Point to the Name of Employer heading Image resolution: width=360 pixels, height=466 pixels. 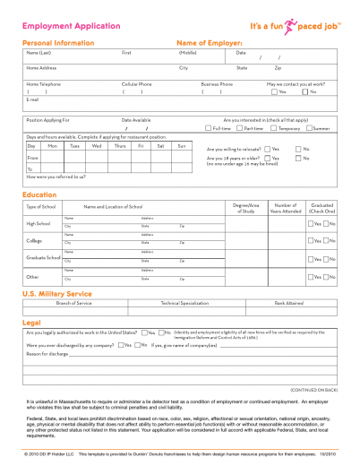210,42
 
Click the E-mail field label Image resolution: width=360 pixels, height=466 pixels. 33,99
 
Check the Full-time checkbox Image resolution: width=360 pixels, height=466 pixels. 208,128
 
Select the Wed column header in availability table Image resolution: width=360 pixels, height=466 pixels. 97,145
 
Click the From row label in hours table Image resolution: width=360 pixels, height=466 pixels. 33,157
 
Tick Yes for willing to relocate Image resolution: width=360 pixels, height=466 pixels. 272,148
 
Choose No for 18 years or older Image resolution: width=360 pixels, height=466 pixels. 299,159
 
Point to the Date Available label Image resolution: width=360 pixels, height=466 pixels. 136,119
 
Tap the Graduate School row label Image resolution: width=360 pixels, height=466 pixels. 41,257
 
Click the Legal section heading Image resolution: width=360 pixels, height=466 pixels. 30,322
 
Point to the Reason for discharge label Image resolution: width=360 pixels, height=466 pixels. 50,353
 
